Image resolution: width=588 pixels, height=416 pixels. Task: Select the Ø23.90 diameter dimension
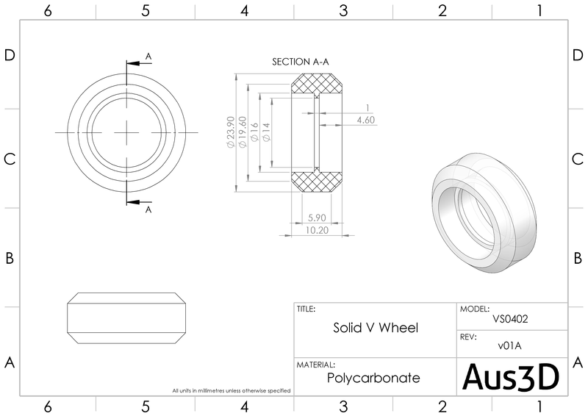[x=231, y=132]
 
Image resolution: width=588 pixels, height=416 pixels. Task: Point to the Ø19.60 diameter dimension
[x=243, y=132]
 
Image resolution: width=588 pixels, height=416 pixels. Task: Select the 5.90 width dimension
[x=317, y=218]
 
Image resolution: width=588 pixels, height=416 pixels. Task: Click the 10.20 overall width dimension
[x=317, y=229]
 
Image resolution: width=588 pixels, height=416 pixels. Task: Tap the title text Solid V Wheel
[x=376, y=328]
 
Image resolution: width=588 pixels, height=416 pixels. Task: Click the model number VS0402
[x=512, y=320]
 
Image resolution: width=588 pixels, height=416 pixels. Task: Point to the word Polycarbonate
[x=373, y=379]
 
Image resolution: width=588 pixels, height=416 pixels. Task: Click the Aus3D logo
[x=512, y=377]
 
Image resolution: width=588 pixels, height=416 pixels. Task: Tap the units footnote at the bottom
[x=232, y=390]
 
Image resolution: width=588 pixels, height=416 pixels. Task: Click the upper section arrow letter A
[x=148, y=56]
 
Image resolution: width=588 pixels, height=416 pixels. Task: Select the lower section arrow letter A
[x=148, y=209]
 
